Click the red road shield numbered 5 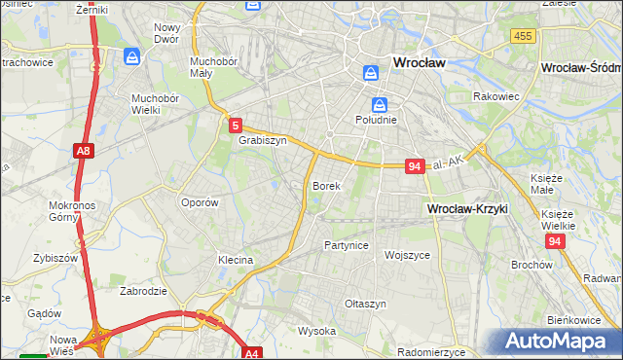(237, 125)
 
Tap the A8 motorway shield (84, 151)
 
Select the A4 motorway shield (252, 353)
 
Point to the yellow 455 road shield (523, 36)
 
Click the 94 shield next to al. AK (415, 166)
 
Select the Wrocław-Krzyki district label (468, 209)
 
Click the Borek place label (326, 185)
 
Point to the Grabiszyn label (262, 140)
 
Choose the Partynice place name (347, 245)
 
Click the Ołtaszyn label (365, 304)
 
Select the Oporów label (200, 202)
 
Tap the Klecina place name (236, 260)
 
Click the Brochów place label (531, 264)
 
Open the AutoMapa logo (559, 340)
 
